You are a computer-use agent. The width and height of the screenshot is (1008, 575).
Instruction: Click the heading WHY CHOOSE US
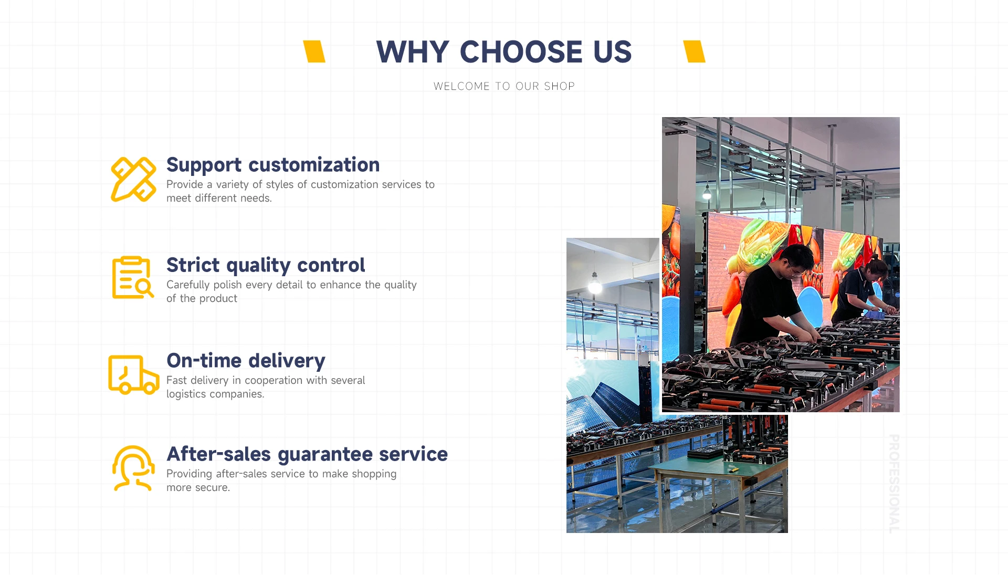(x=504, y=52)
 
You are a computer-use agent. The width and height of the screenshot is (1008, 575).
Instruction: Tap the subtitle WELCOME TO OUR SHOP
(x=504, y=86)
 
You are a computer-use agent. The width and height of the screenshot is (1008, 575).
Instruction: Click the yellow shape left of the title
(x=314, y=51)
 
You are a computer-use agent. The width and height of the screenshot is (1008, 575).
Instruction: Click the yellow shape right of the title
(x=694, y=51)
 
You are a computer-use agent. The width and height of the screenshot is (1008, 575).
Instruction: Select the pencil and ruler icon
(x=133, y=179)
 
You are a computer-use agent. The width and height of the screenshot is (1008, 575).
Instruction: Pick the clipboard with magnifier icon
(x=132, y=277)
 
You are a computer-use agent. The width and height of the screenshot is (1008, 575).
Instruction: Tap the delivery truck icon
(x=133, y=374)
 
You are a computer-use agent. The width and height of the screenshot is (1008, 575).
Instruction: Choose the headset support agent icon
(x=133, y=468)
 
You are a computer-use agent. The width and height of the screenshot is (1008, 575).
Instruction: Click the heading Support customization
(x=273, y=165)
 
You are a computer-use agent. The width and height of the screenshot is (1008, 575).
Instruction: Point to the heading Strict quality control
(x=266, y=266)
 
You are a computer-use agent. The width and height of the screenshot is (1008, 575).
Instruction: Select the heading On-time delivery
(x=246, y=361)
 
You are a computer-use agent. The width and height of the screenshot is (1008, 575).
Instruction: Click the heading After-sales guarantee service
(x=307, y=455)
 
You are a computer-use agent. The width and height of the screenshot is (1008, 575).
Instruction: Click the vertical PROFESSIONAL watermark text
(x=894, y=484)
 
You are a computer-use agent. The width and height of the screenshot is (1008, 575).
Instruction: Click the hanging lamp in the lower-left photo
(x=595, y=284)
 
